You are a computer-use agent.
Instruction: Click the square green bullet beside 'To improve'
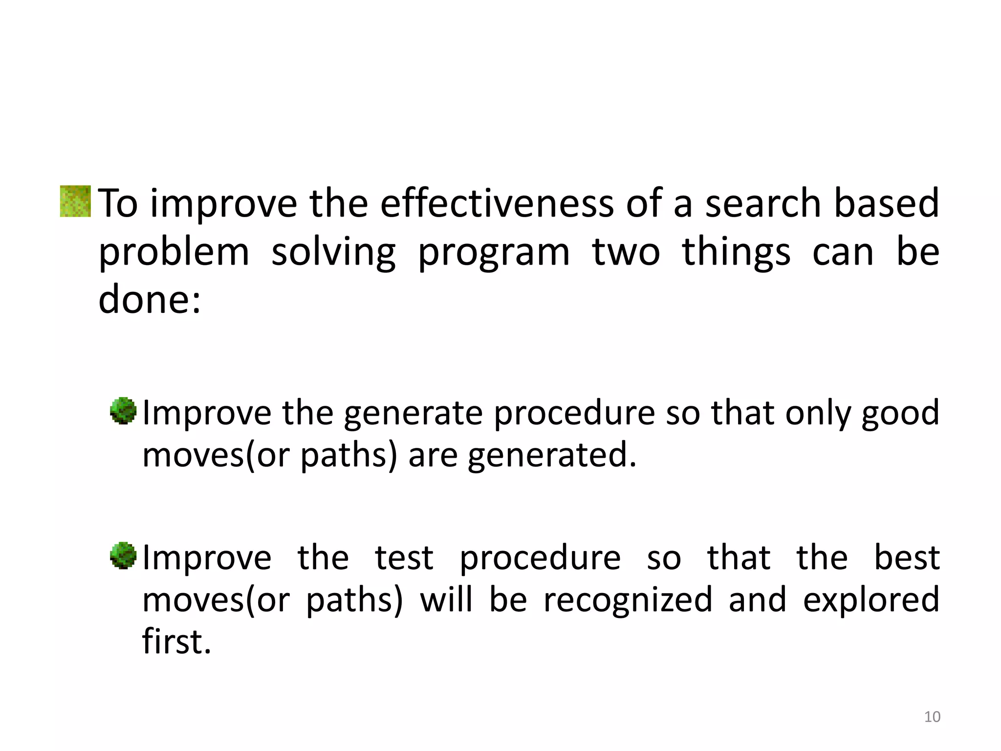[75, 201]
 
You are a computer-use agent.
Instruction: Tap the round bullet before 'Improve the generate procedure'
[123, 411]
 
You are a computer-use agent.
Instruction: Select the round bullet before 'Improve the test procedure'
[123, 555]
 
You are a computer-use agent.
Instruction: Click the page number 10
[932, 717]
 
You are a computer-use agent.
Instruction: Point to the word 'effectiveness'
[497, 203]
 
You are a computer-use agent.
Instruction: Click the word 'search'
[762, 203]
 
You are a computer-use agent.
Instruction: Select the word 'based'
[886, 203]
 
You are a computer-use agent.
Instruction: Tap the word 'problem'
[174, 253]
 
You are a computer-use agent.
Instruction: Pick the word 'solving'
[333, 253]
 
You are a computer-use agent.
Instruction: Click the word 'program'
[494, 253]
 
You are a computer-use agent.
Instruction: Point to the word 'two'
[626, 253]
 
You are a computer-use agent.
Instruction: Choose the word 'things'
[736, 253]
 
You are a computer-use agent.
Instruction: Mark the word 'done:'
[150, 299]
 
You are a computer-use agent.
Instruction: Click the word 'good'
[900, 414]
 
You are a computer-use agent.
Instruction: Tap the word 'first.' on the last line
[176, 641]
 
